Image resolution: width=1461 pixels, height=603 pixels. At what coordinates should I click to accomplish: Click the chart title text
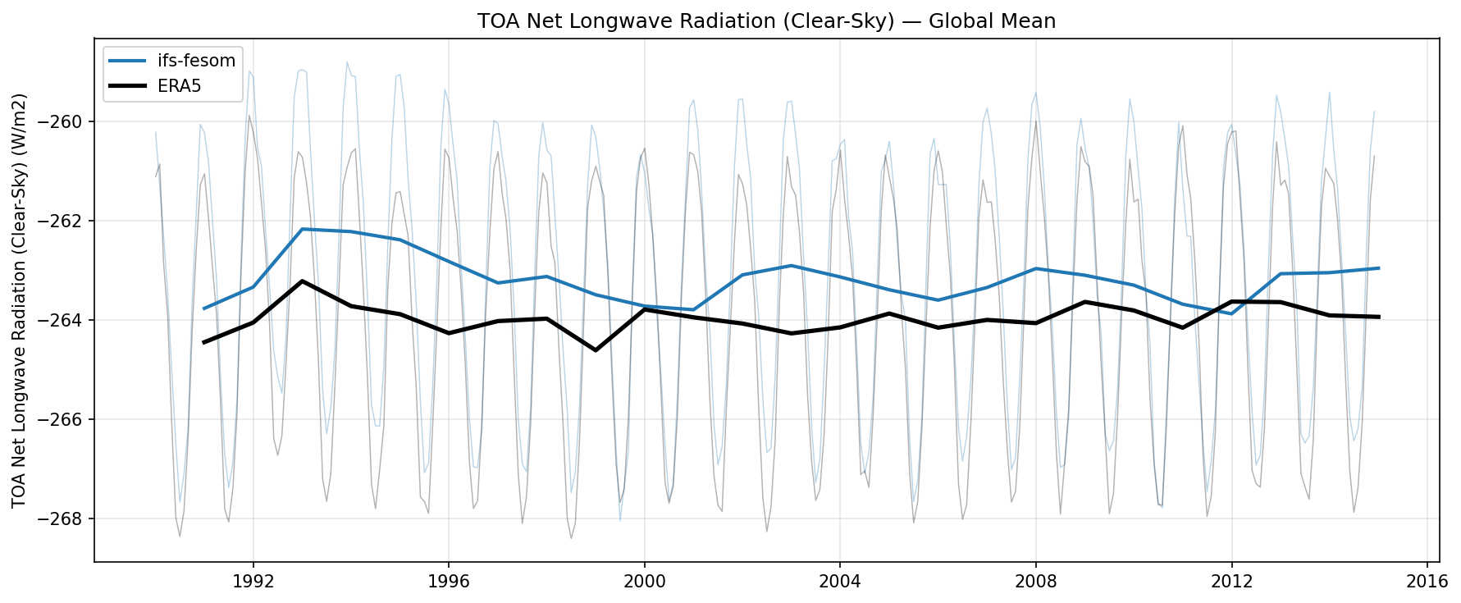click(766, 21)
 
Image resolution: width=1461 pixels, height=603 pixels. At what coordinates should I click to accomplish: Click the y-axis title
click(20, 300)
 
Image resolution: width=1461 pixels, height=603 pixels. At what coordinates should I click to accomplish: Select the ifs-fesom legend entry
click(196, 61)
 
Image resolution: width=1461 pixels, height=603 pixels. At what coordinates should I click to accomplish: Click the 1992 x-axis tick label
click(253, 582)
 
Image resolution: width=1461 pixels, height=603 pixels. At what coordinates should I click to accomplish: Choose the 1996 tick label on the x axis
click(448, 582)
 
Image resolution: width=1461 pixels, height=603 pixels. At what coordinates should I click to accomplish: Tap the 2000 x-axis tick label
click(644, 582)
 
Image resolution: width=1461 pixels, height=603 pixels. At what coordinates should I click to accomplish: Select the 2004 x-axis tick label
click(839, 582)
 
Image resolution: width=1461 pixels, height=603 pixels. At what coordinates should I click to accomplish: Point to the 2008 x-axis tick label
click(1035, 582)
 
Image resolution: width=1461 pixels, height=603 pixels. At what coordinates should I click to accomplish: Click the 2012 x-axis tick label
click(1231, 582)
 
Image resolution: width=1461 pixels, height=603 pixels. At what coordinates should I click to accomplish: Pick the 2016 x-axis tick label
click(1427, 582)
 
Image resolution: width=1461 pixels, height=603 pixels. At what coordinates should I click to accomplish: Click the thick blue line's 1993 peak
click(302, 229)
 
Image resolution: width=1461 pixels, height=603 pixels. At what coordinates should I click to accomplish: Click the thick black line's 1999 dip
click(596, 350)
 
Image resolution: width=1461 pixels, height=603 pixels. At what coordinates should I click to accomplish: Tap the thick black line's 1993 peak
click(302, 281)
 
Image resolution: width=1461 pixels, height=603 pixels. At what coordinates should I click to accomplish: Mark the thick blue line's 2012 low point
click(1231, 314)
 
